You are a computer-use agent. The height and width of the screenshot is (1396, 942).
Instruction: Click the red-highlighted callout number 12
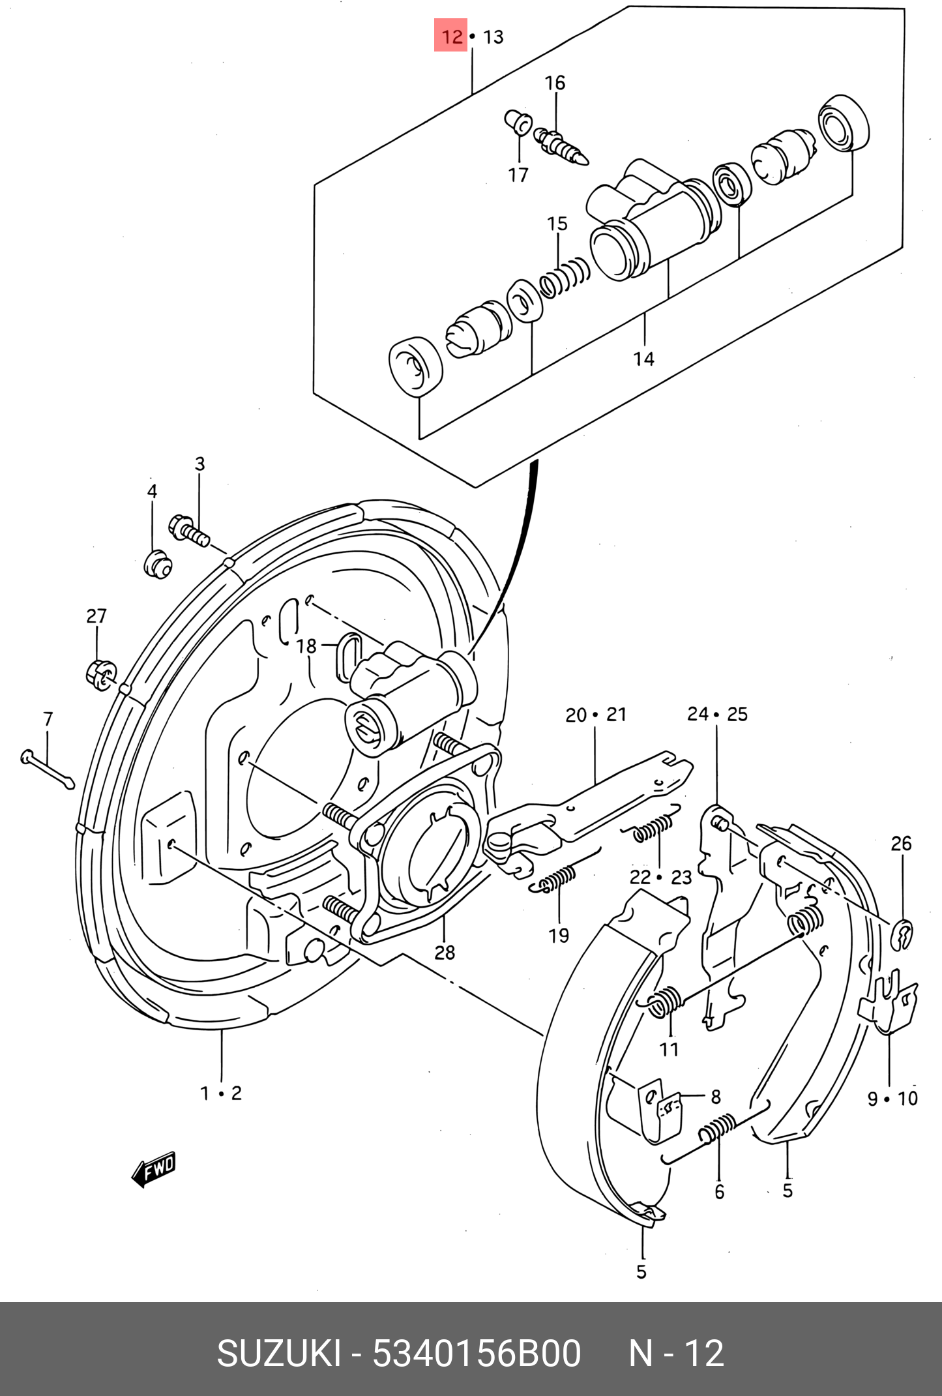[x=451, y=37]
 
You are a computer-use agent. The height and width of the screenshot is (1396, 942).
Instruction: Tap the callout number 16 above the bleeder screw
[x=555, y=83]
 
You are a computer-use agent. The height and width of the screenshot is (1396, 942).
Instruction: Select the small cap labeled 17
[x=518, y=122]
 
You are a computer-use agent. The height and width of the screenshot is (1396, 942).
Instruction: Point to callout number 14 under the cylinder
[x=643, y=359]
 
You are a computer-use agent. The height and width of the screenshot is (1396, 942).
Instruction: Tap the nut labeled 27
[x=100, y=674]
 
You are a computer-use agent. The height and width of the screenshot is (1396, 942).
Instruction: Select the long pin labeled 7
[x=48, y=769]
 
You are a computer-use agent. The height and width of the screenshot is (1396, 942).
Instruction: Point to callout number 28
[x=445, y=953]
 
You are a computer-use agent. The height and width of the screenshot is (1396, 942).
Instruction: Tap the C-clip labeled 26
[x=902, y=935]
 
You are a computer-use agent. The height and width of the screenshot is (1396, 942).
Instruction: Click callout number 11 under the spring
[x=669, y=1049]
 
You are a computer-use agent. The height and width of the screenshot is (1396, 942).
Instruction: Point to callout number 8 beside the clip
[x=715, y=1097]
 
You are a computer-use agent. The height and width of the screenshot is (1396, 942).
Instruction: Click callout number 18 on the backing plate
[x=306, y=646]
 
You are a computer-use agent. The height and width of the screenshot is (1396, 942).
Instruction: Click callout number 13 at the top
[x=493, y=37]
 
